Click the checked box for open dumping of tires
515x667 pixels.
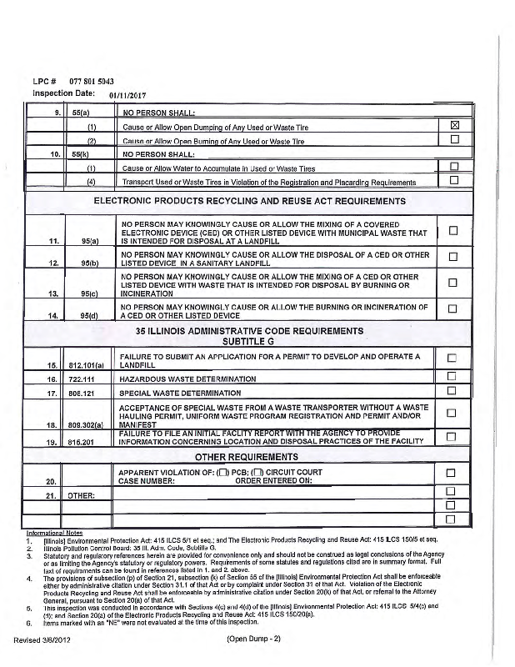tap(455, 126)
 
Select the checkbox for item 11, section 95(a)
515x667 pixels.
tap(455, 230)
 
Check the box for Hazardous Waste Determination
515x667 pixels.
tap(455, 376)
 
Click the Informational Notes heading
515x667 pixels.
tap(52, 532)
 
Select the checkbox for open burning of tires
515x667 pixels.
tap(455, 140)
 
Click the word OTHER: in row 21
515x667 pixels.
tap(81, 495)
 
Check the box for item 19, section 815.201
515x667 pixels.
tap(455, 437)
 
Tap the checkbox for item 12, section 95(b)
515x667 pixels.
tap(455, 256)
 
